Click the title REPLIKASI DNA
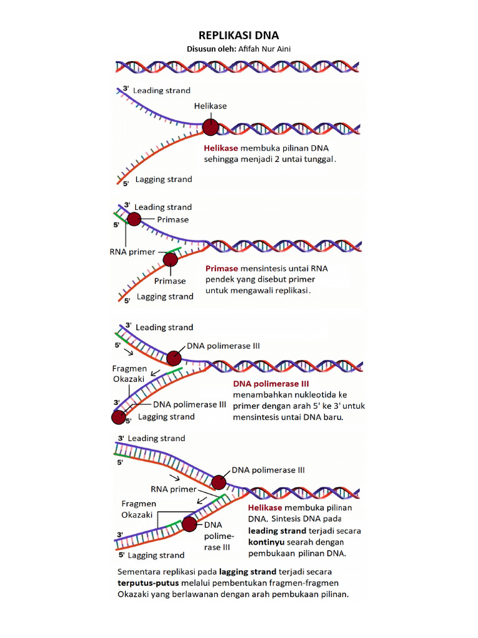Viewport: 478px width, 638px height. pyautogui.click(x=238, y=36)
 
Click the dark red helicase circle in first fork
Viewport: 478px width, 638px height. pyautogui.click(x=211, y=128)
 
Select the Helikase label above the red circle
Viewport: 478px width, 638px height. pyautogui.click(x=210, y=106)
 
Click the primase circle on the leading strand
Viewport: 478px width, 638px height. pyautogui.click(x=134, y=219)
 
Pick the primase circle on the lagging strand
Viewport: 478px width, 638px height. pyautogui.click(x=169, y=259)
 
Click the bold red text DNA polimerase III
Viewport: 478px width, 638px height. pyautogui.click(x=271, y=383)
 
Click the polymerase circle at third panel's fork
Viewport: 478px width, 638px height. pyautogui.click(x=174, y=358)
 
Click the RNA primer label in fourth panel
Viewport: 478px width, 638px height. pyautogui.click(x=173, y=489)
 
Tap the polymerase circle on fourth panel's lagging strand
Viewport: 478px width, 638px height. pyautogui.click(x=189, y=525)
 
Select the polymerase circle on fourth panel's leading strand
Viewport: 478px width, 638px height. pyautogui.click(x=218, y=482)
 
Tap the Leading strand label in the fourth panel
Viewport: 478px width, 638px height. pyautogui.click(x=156, y=439)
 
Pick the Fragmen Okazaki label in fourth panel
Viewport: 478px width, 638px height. pyautogui.click(x=139, y=509)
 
